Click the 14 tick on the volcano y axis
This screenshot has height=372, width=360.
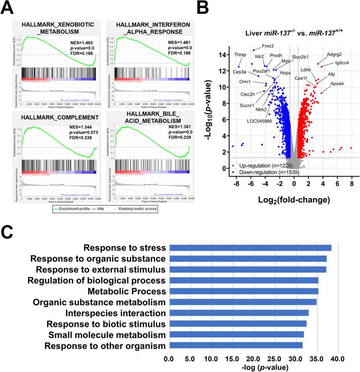pos(224,55)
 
